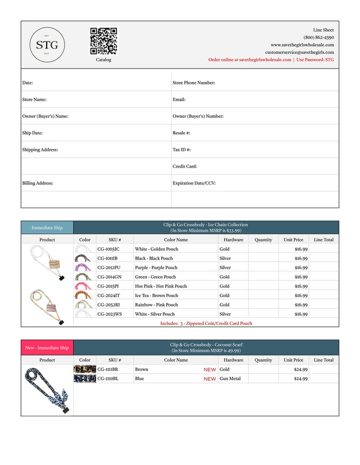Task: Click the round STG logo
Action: click(47, 45)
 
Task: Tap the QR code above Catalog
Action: click(103, 41)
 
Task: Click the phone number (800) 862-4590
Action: click(319, 37)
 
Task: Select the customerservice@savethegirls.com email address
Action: click(299, 52)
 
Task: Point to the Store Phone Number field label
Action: click(194, 83)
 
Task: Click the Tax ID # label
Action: click(182, 150)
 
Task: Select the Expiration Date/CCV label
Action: click(194, 183)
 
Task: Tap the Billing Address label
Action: click(38, 183)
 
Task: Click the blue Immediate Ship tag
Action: click(47, 228)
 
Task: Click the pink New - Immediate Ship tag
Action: click(47, 348)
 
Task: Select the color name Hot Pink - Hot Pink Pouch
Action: click(161, 286)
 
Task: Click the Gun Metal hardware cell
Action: click(230, 379)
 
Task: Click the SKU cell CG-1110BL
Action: click(108, 379)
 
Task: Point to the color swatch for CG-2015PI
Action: click(84, 286)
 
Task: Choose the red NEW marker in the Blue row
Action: click(209, 379)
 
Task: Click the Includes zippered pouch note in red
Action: click(206, 323)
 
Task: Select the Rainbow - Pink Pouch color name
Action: click(157, 305)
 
